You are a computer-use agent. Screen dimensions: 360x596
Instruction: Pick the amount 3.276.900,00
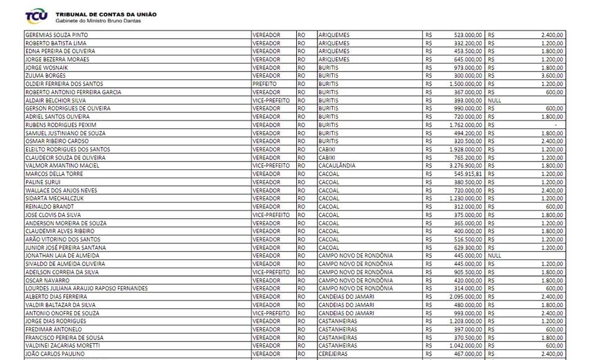[463, 166]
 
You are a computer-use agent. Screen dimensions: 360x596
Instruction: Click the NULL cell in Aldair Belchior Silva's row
[495, 100]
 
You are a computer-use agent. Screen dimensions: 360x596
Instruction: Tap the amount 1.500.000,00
[463, 84]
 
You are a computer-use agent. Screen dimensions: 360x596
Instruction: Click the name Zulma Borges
[43, 76]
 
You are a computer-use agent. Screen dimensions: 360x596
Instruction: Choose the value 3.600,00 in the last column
[551, 76]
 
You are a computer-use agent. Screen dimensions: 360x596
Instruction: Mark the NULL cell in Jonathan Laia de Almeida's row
[495, 255]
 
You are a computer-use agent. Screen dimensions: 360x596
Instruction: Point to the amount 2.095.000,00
[463, 296]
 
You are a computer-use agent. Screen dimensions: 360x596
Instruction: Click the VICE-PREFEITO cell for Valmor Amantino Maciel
[271, 166]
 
